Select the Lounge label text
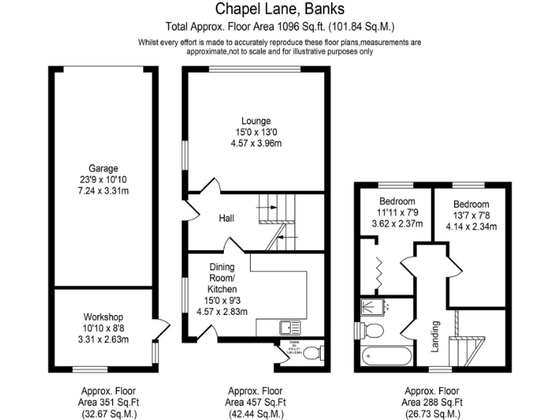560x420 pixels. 257,121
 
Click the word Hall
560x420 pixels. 226,218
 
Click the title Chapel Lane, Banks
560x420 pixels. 280,9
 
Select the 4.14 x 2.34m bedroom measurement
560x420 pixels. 470,226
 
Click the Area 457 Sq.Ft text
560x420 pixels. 257,402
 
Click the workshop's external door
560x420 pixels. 162,328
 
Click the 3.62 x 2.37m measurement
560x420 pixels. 397,223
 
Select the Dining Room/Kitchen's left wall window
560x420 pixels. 183,296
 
